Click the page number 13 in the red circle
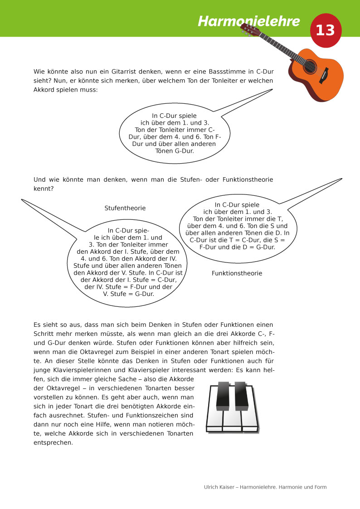click(325, 30)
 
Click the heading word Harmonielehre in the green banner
click(249, 21)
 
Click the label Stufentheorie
click(125, 208)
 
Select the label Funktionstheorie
click(237, 273)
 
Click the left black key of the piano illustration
click(223, 395)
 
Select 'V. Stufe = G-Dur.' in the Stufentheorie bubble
click(129, 293)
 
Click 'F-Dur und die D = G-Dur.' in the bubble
click(238, 247)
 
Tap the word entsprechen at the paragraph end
click(53, 443)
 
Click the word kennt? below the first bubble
click(43, 188)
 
